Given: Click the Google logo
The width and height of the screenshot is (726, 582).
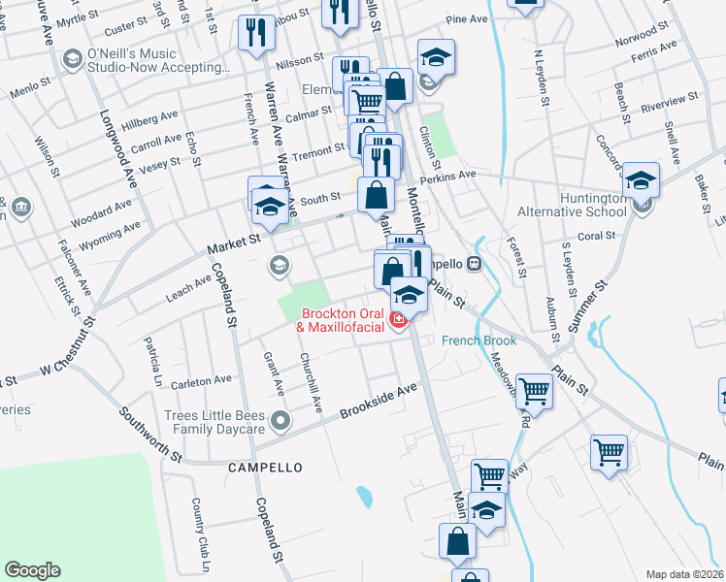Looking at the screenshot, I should click(x=32, y=570).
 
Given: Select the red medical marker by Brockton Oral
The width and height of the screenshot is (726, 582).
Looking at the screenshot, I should click(x=397, y=320).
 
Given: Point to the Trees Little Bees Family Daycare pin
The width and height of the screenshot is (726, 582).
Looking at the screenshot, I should click(x=280, y=420).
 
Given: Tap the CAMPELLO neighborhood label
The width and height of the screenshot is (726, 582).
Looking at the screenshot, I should click(x=265, y=467).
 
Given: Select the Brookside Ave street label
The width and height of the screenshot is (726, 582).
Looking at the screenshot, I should click(x=378, y=402).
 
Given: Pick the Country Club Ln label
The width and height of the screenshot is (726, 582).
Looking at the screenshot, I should click(x=198, y=523).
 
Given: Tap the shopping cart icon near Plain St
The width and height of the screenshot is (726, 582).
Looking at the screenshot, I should click(x=533, y=390).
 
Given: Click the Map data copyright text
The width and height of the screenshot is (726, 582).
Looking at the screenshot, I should click(x=685, y=573).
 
